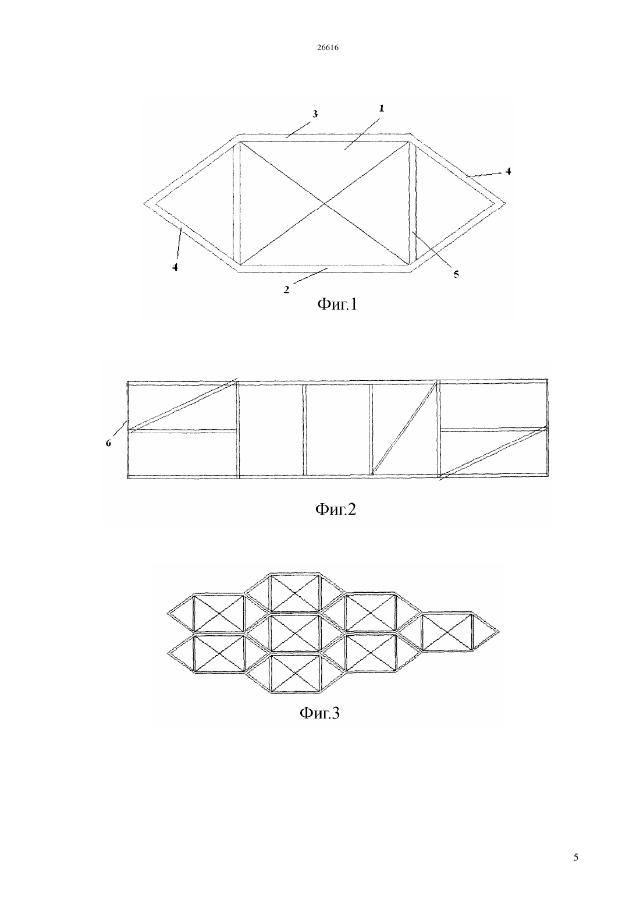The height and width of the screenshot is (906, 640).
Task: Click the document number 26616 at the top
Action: point(328,48)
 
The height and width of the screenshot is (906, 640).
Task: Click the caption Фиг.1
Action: point(337,304)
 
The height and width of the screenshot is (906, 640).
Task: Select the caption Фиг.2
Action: point(335,509)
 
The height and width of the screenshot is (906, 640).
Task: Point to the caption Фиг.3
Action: point(319,713)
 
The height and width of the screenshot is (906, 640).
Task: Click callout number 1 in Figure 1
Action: point(381,108)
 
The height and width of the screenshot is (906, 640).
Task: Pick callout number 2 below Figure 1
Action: point(286,289)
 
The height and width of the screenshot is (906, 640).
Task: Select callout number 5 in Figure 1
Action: point(456,274)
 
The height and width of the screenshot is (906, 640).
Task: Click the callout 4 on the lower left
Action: point(175,267)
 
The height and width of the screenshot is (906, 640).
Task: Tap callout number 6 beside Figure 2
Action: point(108,443)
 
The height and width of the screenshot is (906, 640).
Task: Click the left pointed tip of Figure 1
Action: point(144,204)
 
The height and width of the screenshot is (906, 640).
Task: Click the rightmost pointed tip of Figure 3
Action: point(499,631)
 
